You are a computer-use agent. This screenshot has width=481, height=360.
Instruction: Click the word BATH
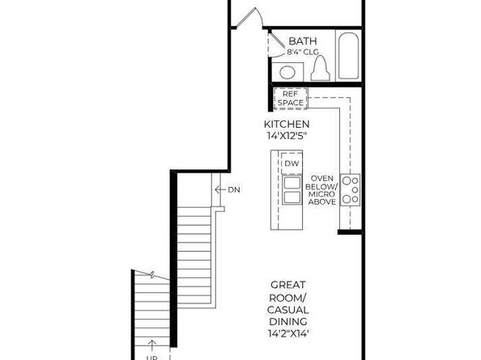point(303,40)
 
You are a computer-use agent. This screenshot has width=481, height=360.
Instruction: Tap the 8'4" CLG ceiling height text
point(303,52)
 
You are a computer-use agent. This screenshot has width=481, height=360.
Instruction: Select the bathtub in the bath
point(349,56)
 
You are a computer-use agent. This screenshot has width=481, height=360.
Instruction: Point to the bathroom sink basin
point(288,70)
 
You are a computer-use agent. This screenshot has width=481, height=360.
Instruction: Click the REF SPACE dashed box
point(290,98)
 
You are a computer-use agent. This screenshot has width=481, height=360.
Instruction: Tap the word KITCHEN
point(287,124)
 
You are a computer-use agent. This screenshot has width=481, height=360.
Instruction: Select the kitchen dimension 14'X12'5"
point(287,135)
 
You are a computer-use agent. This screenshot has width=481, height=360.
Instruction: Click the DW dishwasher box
point(292,164)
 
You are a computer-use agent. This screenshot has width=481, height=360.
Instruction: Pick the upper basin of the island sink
point(292,183)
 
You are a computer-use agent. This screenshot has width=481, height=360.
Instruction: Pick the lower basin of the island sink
point(292,199)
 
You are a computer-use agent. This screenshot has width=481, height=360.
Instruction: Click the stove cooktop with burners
point(350,189)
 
